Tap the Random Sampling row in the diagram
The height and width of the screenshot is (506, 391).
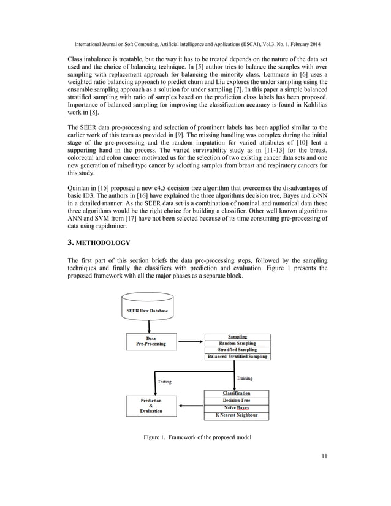pyautogui.click(x=237, y=344)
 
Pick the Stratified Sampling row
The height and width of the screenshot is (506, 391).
pyautogui.click(x=237, y=350)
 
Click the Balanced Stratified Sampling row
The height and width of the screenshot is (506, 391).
pyautogui.click(x=237, y=357)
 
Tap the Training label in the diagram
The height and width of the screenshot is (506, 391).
pyautogui.click(x=245, y=379)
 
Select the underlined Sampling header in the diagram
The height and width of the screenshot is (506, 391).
pyautogui.click(x=237, y=337)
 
